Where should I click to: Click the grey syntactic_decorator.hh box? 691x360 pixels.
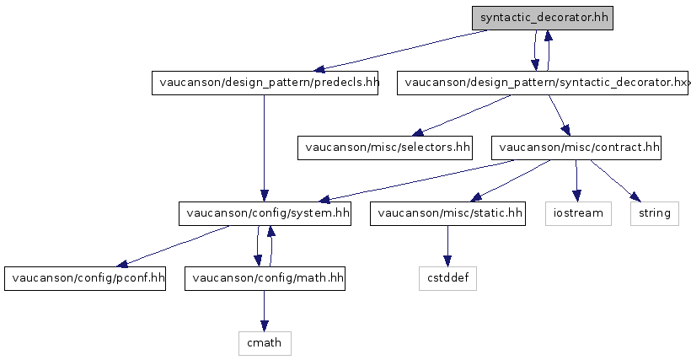[x=542, y=18]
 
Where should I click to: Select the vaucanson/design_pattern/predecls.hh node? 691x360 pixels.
[x=265, y=83]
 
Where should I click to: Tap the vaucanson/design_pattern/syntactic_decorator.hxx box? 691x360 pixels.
[x=543, y=83]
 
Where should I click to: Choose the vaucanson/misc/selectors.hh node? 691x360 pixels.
[x=385, y=148]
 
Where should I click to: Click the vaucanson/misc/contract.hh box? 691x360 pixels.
[x=576, y=148]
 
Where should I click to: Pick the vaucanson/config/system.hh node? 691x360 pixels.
[x=265, y=213]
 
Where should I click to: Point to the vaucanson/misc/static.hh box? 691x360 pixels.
[x=447, y=213]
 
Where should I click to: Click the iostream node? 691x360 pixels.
[x=578, y=213]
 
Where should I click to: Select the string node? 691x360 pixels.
[x=655, y=213]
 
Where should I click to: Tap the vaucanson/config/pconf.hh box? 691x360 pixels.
[x=85, y=278]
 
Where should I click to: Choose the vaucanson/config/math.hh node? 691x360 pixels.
[x=265, y=278]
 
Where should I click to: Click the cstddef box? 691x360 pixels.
[x=447, y=278]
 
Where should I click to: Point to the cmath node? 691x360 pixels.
[x=265, y=343]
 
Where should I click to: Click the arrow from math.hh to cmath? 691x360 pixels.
[x=264, y=310]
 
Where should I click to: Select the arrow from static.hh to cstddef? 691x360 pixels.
[x=447, y=246]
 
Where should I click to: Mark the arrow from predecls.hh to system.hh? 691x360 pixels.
[x=264, y=148]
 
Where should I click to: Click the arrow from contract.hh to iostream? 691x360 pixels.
[x=576, y=180]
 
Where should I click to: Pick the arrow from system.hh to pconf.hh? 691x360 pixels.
[x=173, y=246]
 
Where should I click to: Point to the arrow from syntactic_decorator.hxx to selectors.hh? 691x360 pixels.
[x=462, y=116]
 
